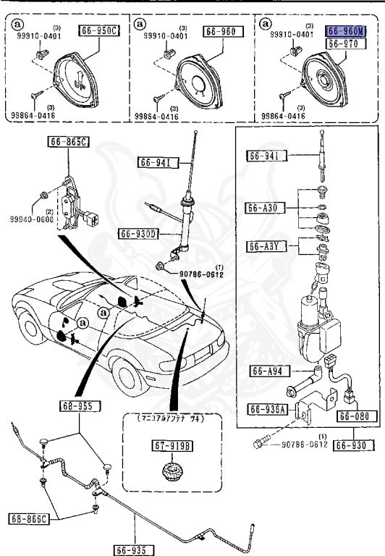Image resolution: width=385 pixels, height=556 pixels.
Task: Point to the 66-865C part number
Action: point(69,142)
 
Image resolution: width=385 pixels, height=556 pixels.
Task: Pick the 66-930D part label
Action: point(140,233)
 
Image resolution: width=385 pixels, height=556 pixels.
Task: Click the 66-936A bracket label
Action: point(268,409)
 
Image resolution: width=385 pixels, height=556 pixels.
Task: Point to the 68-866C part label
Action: point(29,518)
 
